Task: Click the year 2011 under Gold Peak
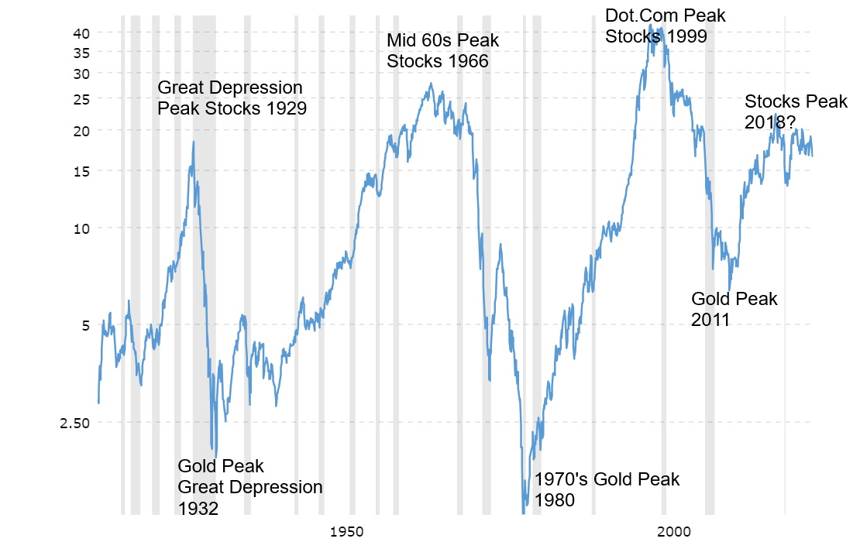(x=710, y=320)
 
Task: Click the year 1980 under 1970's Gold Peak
(x=554, y=500)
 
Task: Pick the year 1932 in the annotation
(x=198, y=509)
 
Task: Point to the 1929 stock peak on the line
(x=193, y=142)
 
